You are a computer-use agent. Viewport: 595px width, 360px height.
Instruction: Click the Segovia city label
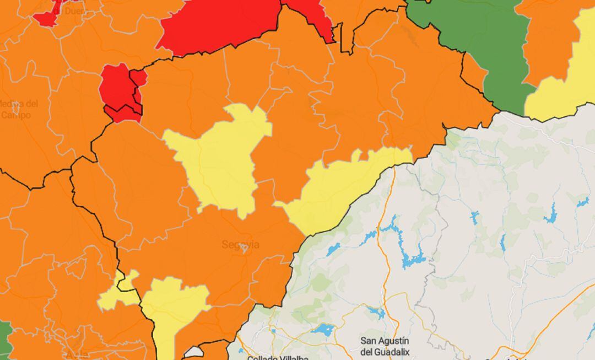click(x=240, y=244)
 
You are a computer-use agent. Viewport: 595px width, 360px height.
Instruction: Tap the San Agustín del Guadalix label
click(x=385, y=346)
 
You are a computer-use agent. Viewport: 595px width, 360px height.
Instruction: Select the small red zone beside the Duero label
click(x=50, y=17)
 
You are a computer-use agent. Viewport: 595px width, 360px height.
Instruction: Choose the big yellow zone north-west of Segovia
click(x=220, y=160)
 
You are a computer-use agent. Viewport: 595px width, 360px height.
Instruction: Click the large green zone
click(x=485, y=39)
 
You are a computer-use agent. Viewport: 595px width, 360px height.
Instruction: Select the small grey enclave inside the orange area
click(x=194, y=352)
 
